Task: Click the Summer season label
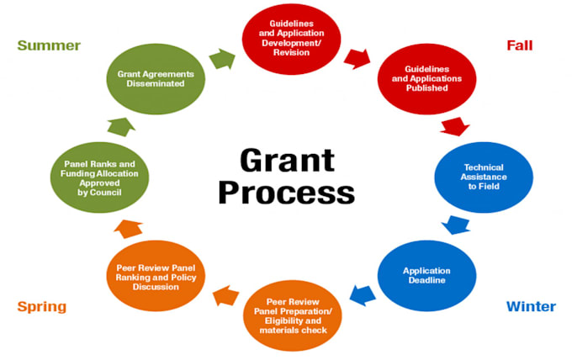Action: click(49, 45)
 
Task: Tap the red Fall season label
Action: click(520, 45)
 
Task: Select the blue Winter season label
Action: click(531, 306)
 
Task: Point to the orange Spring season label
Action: click(42, 307)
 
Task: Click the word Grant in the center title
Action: click(287, 160)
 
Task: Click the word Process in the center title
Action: click(286, 193)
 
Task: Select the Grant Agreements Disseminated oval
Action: click(156, 79)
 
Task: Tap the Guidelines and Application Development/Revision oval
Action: click(292, 39)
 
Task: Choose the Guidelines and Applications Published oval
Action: click(426, 79)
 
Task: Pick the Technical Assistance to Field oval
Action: click(484, 177)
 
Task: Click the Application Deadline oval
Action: click(426, 276)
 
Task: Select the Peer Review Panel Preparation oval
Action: click(293, 316)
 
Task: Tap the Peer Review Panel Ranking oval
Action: click(156, 276)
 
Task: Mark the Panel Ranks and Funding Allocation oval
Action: click(99, 177)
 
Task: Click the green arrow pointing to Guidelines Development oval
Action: click(222, 59)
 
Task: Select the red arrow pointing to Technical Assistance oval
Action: click(455, 126)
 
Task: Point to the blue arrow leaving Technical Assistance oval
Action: click(456, 225)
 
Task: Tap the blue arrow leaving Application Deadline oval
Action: click(363, 295)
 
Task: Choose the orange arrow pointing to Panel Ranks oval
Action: click(128, 229)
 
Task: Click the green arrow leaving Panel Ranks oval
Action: click(121, 127)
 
